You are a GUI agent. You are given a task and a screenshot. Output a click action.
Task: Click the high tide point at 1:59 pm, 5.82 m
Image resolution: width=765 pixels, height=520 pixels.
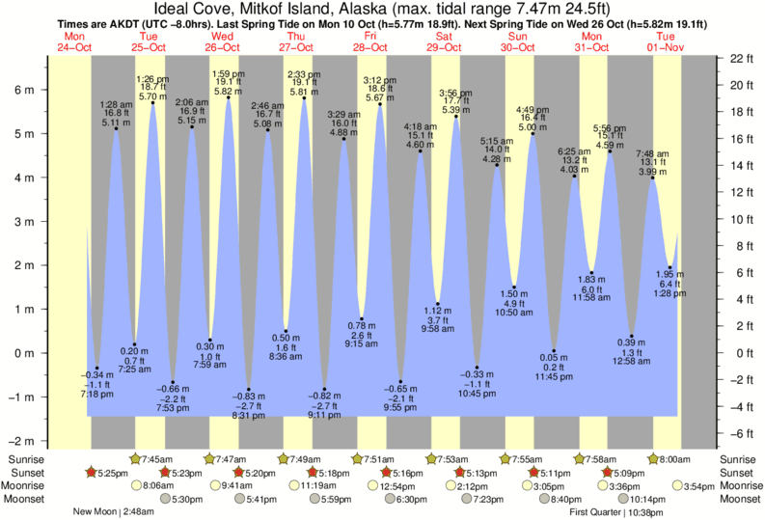click(x=229, y=97)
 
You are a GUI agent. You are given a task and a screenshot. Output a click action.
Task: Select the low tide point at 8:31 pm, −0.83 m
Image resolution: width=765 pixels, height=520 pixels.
click(x=248, y=389)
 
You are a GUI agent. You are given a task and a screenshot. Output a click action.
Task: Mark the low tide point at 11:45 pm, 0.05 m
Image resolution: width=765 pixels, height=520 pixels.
click(x=554, y=351)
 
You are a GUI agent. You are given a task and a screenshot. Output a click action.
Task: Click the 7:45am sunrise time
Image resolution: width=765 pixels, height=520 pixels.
click(x=157, y=459)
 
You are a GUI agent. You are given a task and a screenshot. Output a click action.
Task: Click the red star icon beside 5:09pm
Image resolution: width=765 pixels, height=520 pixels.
click(x=607, y=473)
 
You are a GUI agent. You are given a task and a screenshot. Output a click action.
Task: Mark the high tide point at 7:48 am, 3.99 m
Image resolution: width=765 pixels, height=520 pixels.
click(x=652, y=178)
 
